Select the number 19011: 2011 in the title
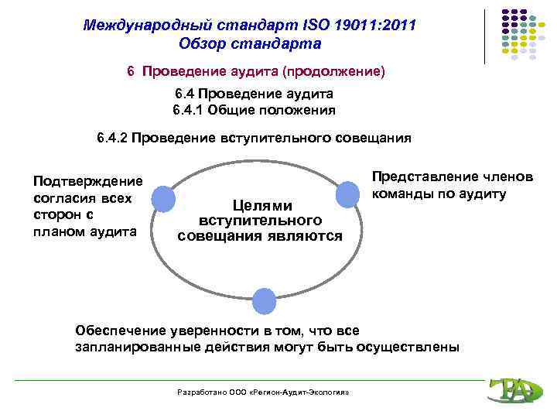(372, 26)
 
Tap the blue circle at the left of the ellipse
(162, 198)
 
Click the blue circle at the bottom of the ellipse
(264, 300)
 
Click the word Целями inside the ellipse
(259, 205)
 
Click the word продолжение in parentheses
(333, 71)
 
